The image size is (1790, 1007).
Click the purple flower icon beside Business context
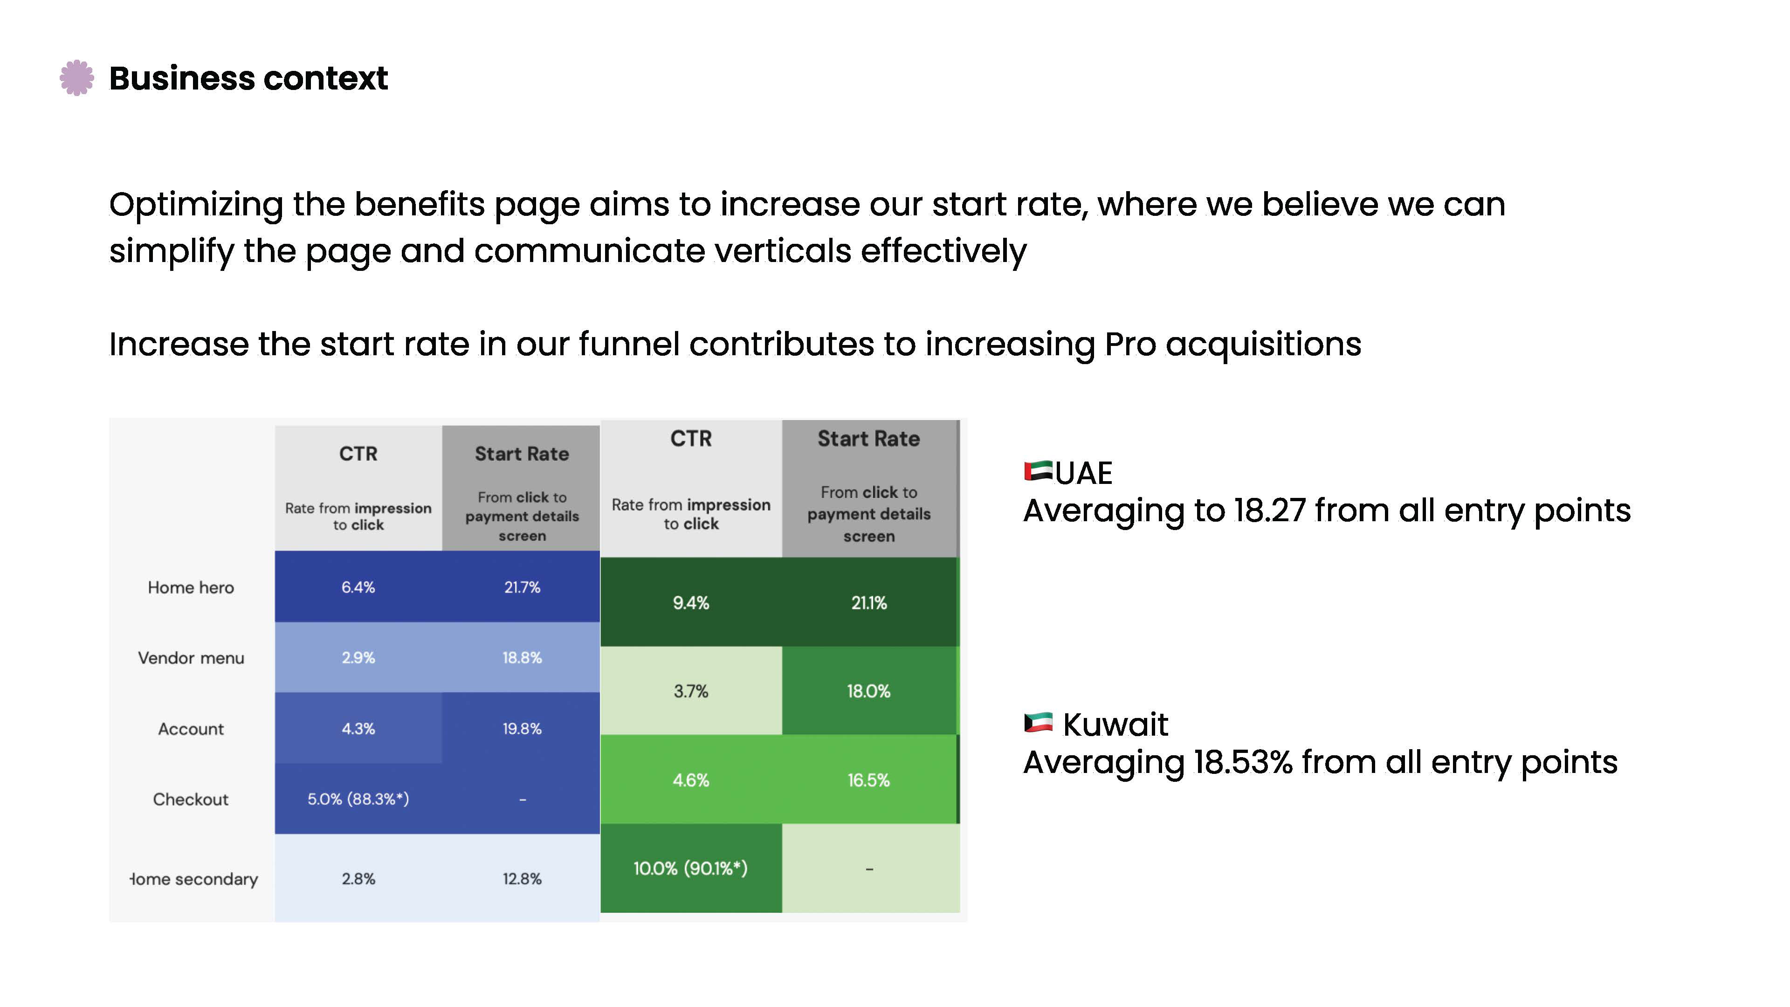(x=76, y=78)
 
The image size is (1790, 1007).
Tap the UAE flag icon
(x=1038, y=471)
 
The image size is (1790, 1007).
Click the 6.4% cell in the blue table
(x=358, y=587)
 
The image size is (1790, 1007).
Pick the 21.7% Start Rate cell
(x=522, y=587)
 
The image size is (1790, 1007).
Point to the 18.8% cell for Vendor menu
(x=522, y=657)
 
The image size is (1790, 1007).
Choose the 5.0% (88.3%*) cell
(x=358, y=799)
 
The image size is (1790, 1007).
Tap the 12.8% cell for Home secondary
(x=522, y=879)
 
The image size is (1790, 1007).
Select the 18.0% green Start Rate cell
(x=868, y=691)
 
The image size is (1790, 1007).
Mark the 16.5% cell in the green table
(x=868, y=780)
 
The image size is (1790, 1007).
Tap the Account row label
(x=190, y=729)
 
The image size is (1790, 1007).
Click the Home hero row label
(x=190, y=588)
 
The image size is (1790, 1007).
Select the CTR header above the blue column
(x=358, y=454)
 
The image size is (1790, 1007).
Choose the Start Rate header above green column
(x=868, y=439)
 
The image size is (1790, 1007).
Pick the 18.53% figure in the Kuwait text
(x=1242, y=762)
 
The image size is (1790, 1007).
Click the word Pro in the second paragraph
(x=1130, y=345)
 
